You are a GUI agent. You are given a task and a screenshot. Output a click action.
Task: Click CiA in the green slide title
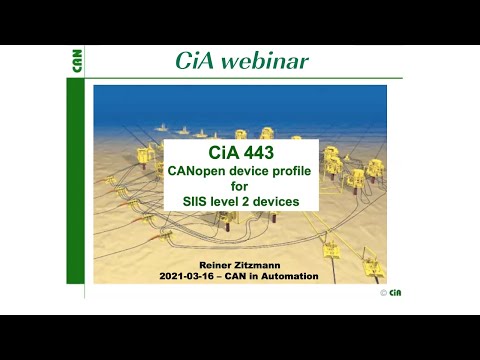[x=196, y=61]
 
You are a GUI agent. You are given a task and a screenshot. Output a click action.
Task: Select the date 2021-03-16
[x=189, y=275]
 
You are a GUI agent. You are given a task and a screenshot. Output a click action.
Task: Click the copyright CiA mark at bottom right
[x=393, y=292]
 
